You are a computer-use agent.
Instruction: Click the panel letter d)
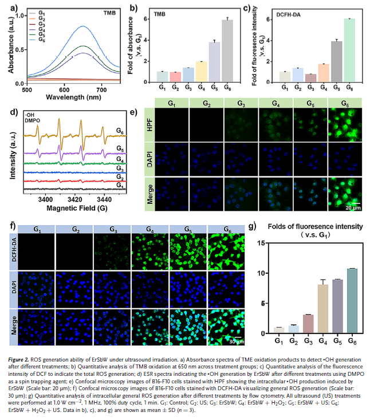click(x=13, y=112)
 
